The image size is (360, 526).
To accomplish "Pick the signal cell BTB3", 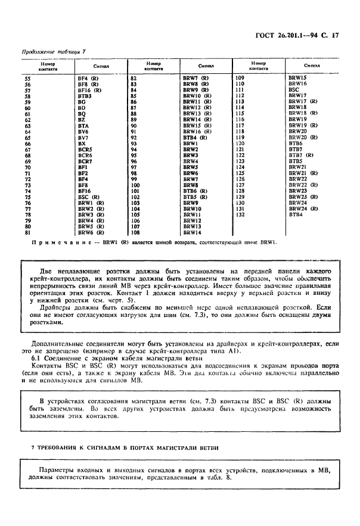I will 84,95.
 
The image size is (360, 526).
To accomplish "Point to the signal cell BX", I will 82,144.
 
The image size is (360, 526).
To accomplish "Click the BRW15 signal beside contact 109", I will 297,79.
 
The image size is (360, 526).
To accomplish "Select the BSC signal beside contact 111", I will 294,90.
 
